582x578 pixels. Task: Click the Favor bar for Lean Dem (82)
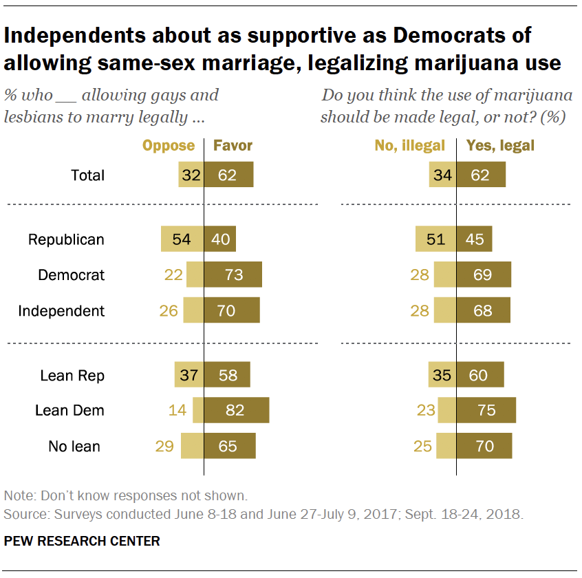[x=237, y=410]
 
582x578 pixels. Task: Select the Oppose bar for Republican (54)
[x=182, y=239]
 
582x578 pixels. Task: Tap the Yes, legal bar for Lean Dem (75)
[x=486, y=410]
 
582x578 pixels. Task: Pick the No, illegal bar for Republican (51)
[x=436, y=239]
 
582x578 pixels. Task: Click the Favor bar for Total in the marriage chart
[x=229, y=175]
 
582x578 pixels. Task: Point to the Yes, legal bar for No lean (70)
[x=484, y=446]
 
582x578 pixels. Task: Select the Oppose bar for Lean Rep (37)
[x=189, y=376]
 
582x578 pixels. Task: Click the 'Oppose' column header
[x=169, y=145]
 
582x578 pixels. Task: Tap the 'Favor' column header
[x=233, y=145]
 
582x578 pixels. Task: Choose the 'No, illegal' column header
[x=410, y=145]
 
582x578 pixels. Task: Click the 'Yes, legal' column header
[x=500, y=145]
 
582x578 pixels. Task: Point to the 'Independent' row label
[x=61, y=310]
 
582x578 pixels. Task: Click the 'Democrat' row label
[x=71, y=275]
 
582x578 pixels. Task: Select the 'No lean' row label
[x=74, y=446]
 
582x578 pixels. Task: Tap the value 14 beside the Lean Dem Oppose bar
[x=177, y=410]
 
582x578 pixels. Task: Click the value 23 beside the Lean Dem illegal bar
[x=427, y=410]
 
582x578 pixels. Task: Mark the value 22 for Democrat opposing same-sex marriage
[x=173, y=275]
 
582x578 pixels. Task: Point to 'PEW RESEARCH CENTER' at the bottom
[x=82, y=541]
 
